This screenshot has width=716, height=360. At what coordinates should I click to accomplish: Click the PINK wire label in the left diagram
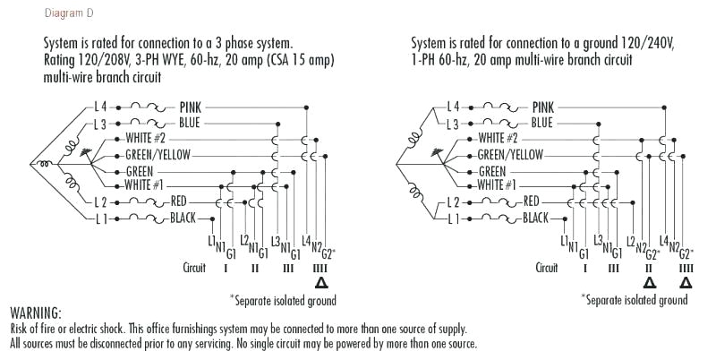(195, 107)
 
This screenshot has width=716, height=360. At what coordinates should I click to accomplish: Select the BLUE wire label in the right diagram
(541, 122)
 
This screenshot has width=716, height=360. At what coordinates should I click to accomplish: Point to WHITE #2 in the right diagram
(499, 138)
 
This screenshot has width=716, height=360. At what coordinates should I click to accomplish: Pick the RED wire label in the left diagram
(179, 201)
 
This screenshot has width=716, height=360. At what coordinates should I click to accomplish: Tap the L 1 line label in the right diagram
(456, 218)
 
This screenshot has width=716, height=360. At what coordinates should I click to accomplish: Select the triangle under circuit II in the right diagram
(649, 282)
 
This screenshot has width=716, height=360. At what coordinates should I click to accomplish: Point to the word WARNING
(35, 313)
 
